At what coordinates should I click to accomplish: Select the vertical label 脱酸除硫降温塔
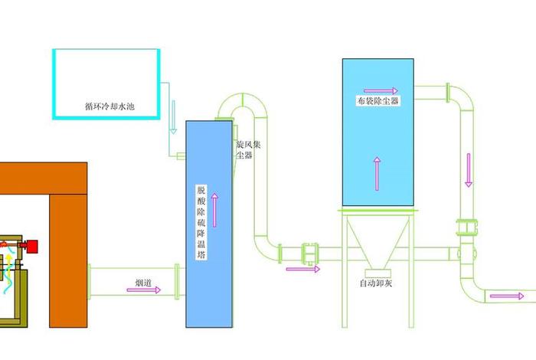click(201, 222)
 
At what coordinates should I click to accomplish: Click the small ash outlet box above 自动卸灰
click(377, 270)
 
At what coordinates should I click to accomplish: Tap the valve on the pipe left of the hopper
click(310, 252)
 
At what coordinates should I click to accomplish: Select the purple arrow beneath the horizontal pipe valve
click(302, 269)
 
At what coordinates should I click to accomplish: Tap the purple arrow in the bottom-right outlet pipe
click(502, 296)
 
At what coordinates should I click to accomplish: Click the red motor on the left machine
click(31, 245)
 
